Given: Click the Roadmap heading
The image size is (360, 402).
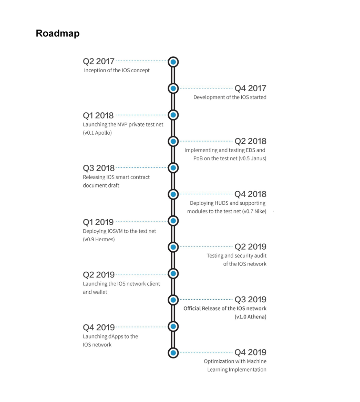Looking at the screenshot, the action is (x=58, y=34).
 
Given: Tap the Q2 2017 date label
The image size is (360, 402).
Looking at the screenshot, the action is (x=99, y=61).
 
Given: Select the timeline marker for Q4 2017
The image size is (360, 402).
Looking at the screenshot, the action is (x=173, y=89).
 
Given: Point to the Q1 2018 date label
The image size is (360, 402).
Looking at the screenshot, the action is (x=98, y=115).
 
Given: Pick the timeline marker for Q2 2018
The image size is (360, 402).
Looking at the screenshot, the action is (x=173, y=141).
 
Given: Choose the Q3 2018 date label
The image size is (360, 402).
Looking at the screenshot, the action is (x=99, y=168).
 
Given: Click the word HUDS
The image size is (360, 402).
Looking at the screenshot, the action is (x=221, y=203).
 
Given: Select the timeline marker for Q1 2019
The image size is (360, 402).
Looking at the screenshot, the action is (x=173, y=221).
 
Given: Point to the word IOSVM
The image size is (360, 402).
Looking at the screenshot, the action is (x=115, y=231).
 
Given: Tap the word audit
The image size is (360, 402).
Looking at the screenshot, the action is (x=260, y=256).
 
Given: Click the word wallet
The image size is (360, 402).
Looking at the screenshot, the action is (x=100, y=292).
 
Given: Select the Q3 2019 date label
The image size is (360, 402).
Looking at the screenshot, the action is (x=250, y=299).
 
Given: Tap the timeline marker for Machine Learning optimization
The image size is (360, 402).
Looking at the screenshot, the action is (x=173, y=353).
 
